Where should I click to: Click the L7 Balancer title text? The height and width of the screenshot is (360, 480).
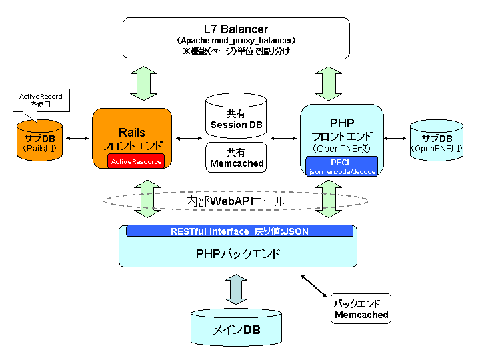coord(236,29)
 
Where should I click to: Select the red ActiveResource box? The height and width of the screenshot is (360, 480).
coord(136,161)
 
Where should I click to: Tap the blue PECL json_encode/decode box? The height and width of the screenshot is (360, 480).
coord(341,167)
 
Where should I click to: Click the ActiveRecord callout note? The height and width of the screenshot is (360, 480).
coord(41,101)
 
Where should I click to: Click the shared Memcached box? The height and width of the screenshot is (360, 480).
coord(236,157)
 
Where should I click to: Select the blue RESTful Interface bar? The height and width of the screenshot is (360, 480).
coord(239,231)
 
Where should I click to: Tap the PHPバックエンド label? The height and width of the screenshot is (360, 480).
coord(238,254)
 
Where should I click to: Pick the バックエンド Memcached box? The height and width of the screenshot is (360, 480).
coord(361,309)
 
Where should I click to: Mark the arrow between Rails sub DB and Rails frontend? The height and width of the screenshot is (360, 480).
coord(77,139)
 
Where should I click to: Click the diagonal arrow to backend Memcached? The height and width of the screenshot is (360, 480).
coord(314,285)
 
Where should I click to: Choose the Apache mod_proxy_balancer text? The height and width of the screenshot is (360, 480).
coord(236,41)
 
